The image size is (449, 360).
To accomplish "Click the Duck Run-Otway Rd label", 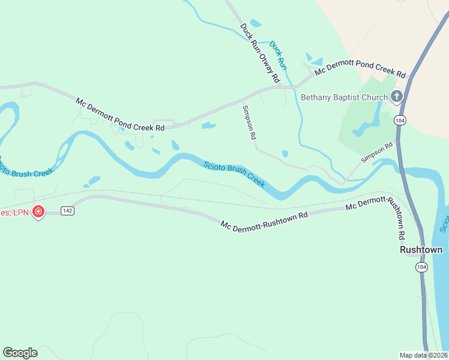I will pyautogui.click(x=260, y=53).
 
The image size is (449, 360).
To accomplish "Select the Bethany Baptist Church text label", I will pyautogui.click(x=343, y=97).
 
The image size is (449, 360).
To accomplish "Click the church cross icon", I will pyautogui.click(x=396, y=96).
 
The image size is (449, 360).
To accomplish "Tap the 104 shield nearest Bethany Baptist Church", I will pyautogui.click(x=399, y=121).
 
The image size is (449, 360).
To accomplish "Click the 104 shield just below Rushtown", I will pyautogui.click(x=421, y=266).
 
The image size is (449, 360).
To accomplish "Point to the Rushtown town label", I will pyautogui.click(x=421, y=250).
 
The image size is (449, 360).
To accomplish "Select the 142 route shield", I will pyautogui.click(x=67, y=211).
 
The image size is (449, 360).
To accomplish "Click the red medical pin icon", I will pyautogui.click(x=38, y=211).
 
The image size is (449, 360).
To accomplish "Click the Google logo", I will pyautogui.click(x=20, y=352).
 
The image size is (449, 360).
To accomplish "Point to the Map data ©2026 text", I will pyautogui.click(x=423, y=355).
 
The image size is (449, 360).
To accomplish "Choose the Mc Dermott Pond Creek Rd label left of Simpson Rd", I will pyautogui.click(x=120, y=114).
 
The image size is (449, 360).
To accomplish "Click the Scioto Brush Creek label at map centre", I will pyautogui.click(x=234, y=173).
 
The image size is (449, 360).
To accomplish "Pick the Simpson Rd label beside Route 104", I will pyautogui.click(x=377, y=152).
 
